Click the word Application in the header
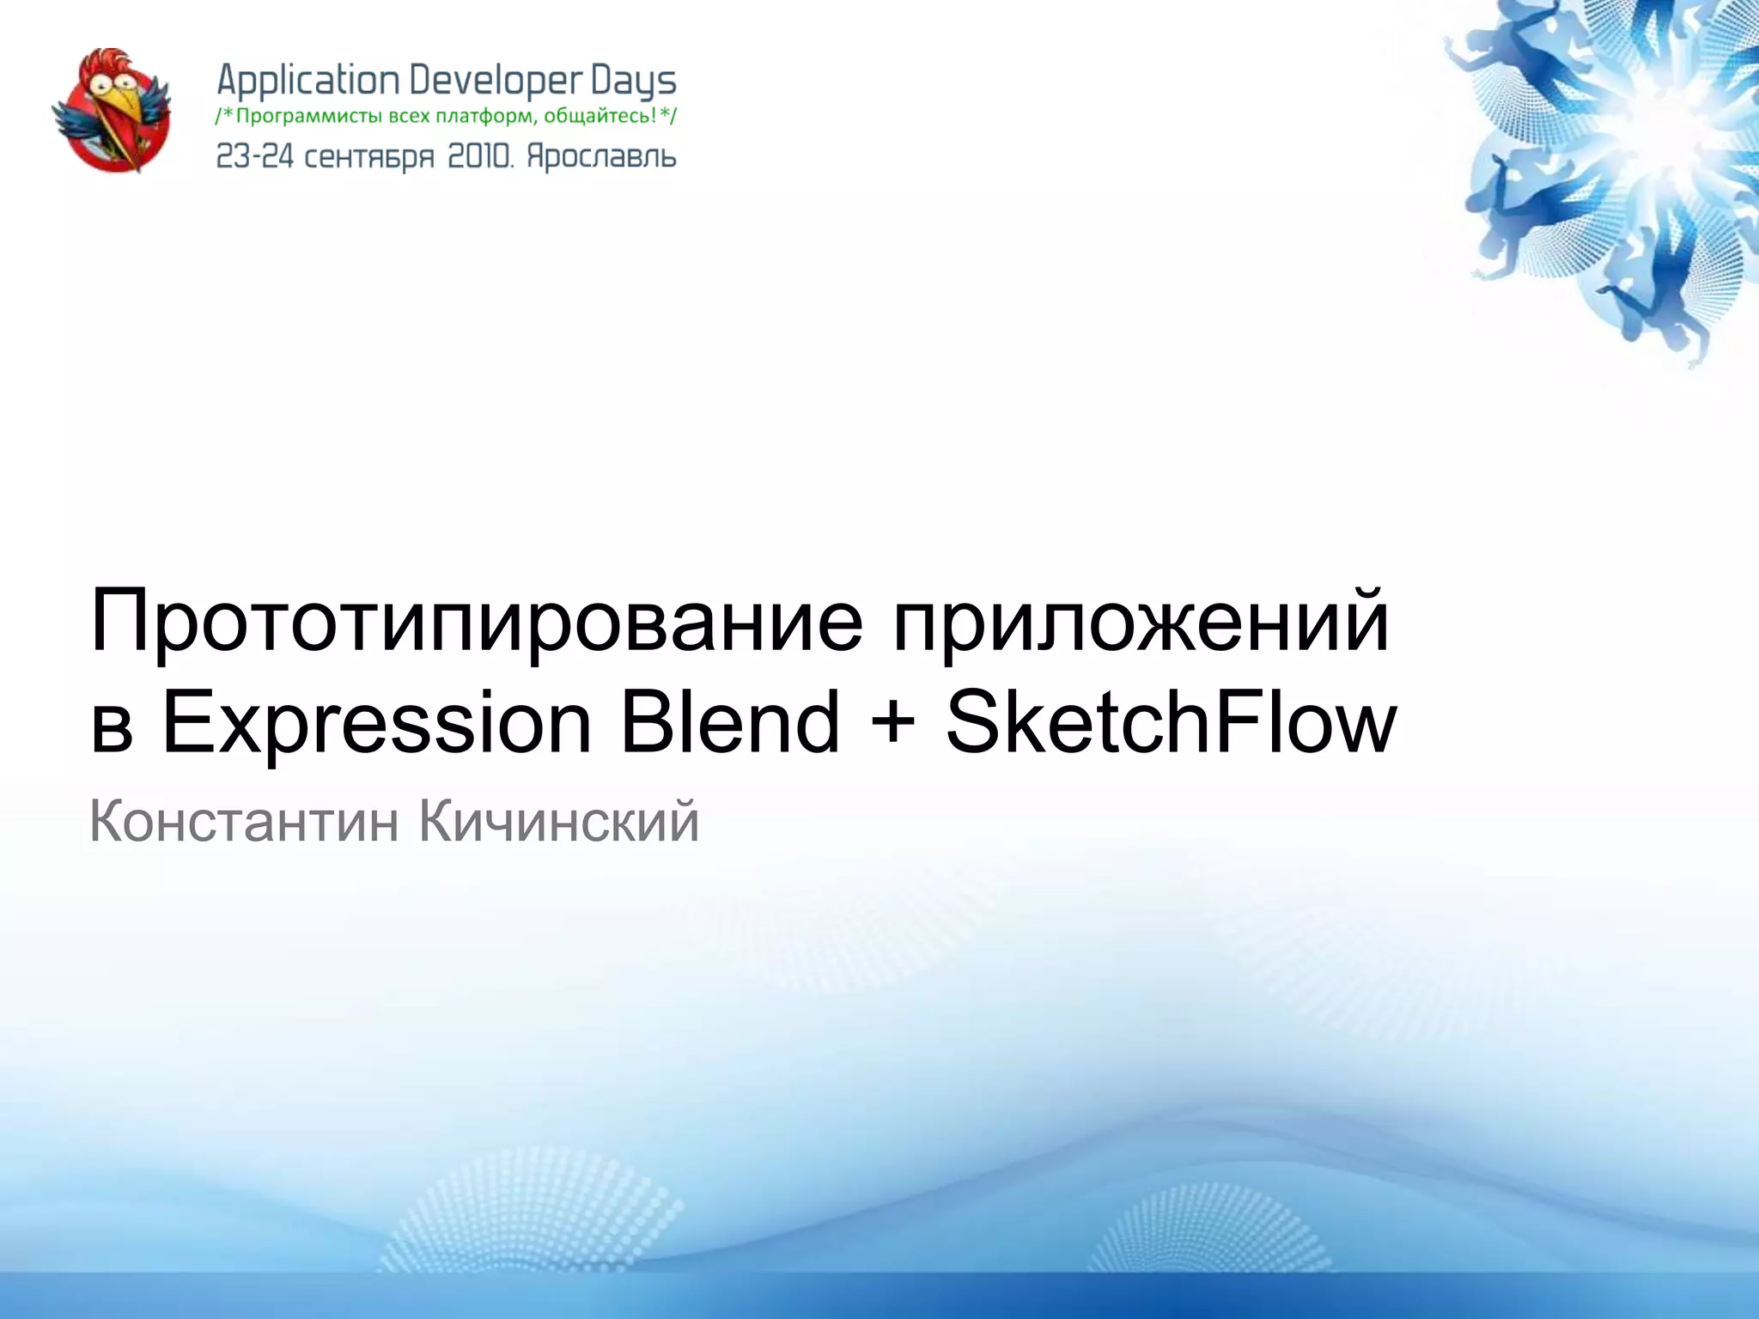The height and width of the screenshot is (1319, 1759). click(307, 82)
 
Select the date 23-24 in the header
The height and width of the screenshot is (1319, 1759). click(254, 156)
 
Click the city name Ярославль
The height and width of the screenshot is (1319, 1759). click(601, 156)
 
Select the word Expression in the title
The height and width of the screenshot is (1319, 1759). click(376, 723)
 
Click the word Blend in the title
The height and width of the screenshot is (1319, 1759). click(729, 723)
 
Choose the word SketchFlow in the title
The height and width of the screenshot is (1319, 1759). click(1171, 723)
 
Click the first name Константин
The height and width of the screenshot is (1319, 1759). click(244, 821)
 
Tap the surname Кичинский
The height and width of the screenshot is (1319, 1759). click(559, 821)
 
